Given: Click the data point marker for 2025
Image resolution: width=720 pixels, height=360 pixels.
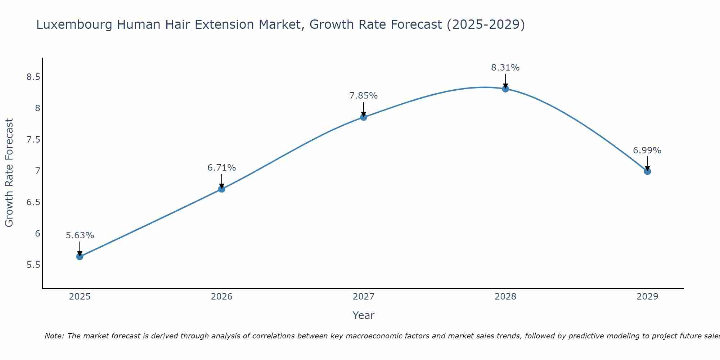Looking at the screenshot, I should click(80, 256).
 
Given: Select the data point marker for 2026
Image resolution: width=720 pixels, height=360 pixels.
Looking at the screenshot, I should click(221, 189).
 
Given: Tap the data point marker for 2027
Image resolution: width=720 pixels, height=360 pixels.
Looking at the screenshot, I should click(363, 117).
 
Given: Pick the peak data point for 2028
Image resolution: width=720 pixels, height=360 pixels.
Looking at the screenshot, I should click(505, 89).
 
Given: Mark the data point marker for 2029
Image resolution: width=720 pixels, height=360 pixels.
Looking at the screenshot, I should click(647, 171).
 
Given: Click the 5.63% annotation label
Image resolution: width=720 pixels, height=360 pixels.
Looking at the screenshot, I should click(80, 235).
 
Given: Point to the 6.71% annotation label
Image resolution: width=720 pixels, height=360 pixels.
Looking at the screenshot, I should click(221, 168).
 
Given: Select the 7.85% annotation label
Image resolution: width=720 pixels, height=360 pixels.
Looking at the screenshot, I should click(363, 96).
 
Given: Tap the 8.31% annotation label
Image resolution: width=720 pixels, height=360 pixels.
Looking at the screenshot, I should click(505, 68).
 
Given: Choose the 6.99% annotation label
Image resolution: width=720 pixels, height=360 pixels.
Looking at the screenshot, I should click(647, 150).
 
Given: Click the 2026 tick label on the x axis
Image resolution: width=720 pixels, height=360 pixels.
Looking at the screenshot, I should click(221, 297).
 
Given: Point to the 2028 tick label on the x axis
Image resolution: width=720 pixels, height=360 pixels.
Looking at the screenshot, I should click(505, 297).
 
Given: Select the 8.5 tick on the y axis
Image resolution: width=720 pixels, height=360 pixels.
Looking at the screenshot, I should click(33, 77).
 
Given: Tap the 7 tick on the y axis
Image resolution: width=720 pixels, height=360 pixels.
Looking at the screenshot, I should click(37, 171).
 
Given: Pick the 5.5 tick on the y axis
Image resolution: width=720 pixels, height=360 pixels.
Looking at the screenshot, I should click(33, 265).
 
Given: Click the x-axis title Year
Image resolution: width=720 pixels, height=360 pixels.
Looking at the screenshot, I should click(363, 315).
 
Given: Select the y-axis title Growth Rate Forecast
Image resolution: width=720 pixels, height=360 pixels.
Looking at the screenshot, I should click(9, 173).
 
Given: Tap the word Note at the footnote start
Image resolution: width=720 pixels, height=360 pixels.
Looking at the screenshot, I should click(54, 336).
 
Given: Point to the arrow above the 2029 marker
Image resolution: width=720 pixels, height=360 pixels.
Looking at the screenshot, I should click(647, 163).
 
